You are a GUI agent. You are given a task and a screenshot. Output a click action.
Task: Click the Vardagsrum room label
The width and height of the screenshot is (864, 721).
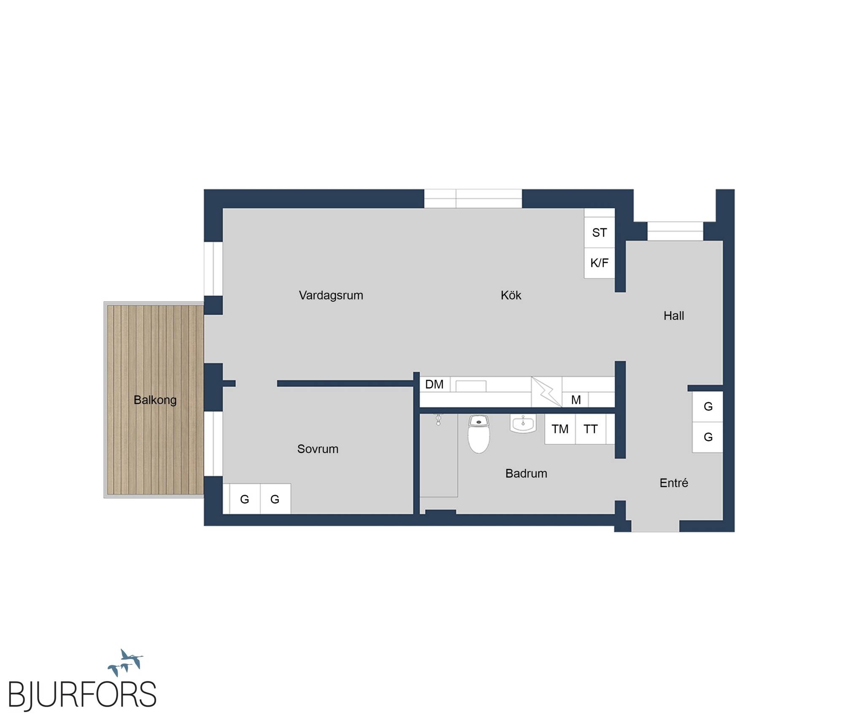(331, 295)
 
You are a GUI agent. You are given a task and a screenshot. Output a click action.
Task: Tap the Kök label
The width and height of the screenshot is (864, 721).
(511, 295)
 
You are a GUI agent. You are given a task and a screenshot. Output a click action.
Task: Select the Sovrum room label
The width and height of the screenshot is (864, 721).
(318, 449)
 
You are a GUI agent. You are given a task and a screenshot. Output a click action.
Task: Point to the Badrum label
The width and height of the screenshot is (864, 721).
(526, 473)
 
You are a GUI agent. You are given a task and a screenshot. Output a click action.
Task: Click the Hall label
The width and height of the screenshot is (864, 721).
(674, 316)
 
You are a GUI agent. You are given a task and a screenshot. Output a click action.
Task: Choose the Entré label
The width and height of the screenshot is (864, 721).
(674, 483)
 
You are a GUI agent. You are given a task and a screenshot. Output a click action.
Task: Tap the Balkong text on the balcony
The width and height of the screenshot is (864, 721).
(155, 400)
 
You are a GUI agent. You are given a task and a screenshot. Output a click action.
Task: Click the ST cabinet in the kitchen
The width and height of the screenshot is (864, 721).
(599, 232)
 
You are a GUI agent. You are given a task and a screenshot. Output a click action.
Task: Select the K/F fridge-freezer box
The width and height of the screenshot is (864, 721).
(599, 263)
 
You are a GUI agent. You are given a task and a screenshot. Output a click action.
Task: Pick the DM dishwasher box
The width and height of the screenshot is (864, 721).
(435, 384)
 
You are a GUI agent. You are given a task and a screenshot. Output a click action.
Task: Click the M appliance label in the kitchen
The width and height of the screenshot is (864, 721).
(575, 400)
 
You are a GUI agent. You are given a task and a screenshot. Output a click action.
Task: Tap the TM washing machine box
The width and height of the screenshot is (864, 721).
(560, 429)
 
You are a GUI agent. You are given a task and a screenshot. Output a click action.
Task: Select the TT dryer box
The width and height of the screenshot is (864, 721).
(591, 429)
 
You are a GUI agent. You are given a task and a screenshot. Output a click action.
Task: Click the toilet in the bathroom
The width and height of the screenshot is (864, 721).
(479, 434)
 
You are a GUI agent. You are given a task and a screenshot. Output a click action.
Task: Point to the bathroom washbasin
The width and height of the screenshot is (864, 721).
(523, 423)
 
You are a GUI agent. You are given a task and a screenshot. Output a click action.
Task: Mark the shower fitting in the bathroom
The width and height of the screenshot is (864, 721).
(438, 419)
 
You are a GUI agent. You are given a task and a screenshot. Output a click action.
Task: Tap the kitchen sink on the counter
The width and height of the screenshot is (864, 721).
(471, 386)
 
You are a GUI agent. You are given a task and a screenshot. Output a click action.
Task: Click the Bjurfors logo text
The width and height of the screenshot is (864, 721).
(82, 694)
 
